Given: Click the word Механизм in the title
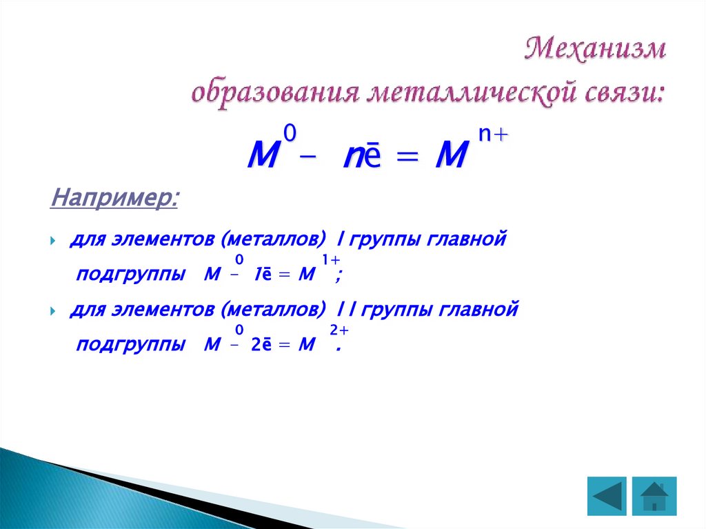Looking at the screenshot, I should tap(596, 50).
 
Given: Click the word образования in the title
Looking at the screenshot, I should tap(273, 92).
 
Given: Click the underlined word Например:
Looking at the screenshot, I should tap(114, 199).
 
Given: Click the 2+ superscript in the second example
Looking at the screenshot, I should tap(338, 331).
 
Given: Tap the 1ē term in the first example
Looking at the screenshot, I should tap(261, 275).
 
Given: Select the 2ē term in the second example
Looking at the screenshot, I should tap(260, 346).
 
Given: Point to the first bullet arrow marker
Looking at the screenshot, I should tap(53, 241).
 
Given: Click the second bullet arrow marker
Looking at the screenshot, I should tap(53, 312).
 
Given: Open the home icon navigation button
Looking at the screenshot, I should tap(654, 496).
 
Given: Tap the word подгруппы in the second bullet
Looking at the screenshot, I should tap(130, 345).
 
